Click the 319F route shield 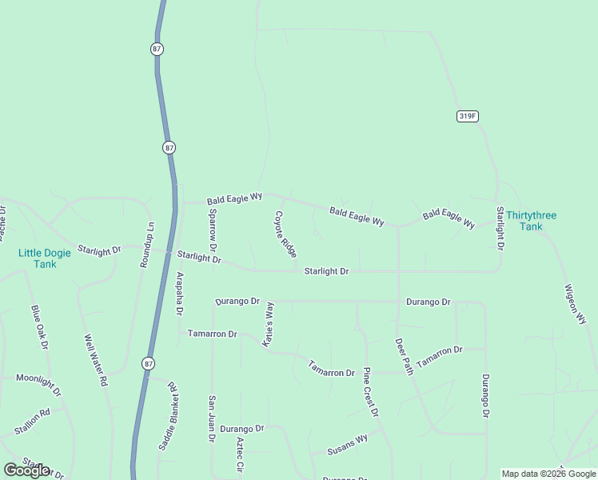[468, 116]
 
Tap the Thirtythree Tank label [531, 221]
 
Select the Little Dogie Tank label [45, 258]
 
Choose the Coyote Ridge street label [286, 234]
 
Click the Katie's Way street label [270, 323]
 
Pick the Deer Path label [404, 356]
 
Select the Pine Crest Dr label [371, 392]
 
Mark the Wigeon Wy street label [576, 304]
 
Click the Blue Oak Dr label [40, 327]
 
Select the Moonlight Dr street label [38, 385]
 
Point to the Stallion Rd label [32, 422]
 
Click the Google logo [27, 470]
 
